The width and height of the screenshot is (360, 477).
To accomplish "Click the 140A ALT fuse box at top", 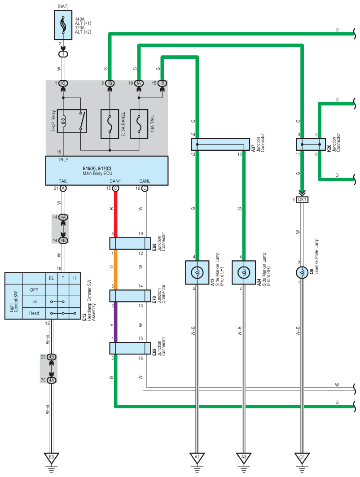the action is coord(63,25).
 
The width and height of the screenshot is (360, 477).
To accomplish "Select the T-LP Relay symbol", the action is coord(72,121).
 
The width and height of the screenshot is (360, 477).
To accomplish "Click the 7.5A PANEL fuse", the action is coord(110,124).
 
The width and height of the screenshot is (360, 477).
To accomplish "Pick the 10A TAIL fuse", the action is coord(139,124).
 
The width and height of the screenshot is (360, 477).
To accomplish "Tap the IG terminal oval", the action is coord(63,83).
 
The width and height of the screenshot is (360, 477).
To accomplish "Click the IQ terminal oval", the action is coord(110,83).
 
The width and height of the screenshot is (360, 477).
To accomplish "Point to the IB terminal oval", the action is coord(162,83).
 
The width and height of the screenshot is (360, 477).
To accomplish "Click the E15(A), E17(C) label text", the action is coord(97,168).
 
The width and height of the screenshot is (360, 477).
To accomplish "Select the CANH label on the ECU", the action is coord(116,181).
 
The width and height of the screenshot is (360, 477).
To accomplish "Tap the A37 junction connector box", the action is coord(220,144).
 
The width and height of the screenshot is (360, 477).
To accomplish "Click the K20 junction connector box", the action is coord(311,144).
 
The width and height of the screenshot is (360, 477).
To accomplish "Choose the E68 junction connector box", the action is coord(130,243).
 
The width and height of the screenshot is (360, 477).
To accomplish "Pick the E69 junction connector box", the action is coord(130,348).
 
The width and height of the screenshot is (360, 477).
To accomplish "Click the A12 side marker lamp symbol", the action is coord(197,272).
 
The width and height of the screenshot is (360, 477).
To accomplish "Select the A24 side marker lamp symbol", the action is coord(244,272).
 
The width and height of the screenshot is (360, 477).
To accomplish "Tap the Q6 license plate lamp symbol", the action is coord(302,272).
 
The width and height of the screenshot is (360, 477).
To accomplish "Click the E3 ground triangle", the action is coord(52,458).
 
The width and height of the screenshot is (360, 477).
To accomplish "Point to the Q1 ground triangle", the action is coord(302,458).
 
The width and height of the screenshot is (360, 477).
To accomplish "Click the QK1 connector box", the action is coord(302,200).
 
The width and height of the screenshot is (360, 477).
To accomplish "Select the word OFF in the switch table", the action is coord(34,290).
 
